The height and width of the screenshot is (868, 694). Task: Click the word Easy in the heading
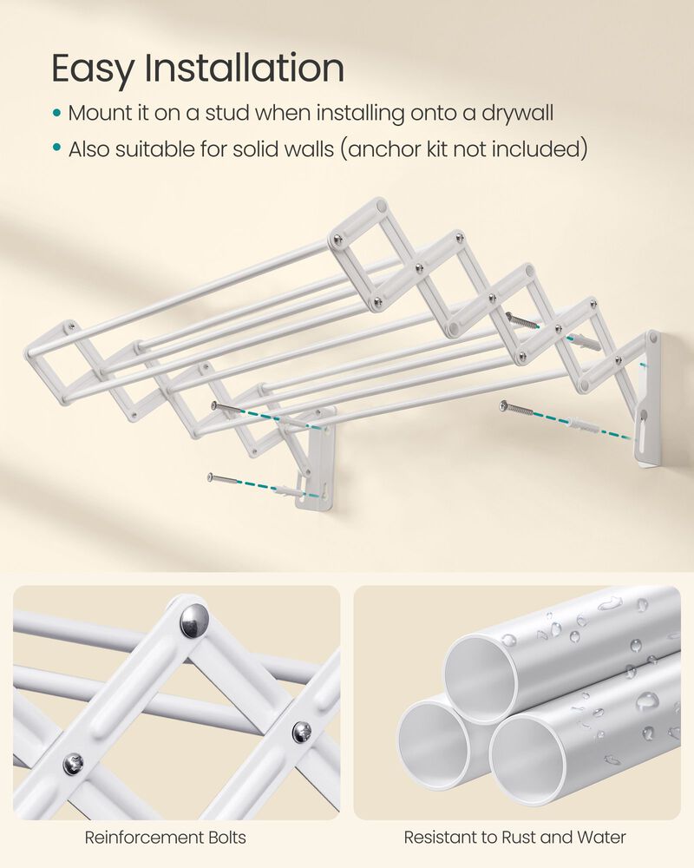(x=91, y=69)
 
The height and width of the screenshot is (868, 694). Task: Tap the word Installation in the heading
(x=246, y=69)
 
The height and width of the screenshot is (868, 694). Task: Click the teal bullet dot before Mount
(x=57, y=114)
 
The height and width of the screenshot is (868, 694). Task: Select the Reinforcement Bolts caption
(x=165, y=838)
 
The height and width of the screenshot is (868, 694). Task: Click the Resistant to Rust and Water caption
(x=514, y=838)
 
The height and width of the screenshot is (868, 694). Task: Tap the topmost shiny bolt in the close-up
(x=193, y=621)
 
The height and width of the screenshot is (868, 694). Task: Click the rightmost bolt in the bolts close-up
(x=301, y=732)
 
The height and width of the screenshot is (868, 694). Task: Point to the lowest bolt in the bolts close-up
(x=74, y=765)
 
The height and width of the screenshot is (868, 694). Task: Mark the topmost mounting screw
(x=522, y=322)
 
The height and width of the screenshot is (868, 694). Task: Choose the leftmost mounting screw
(x=222, y=477)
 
